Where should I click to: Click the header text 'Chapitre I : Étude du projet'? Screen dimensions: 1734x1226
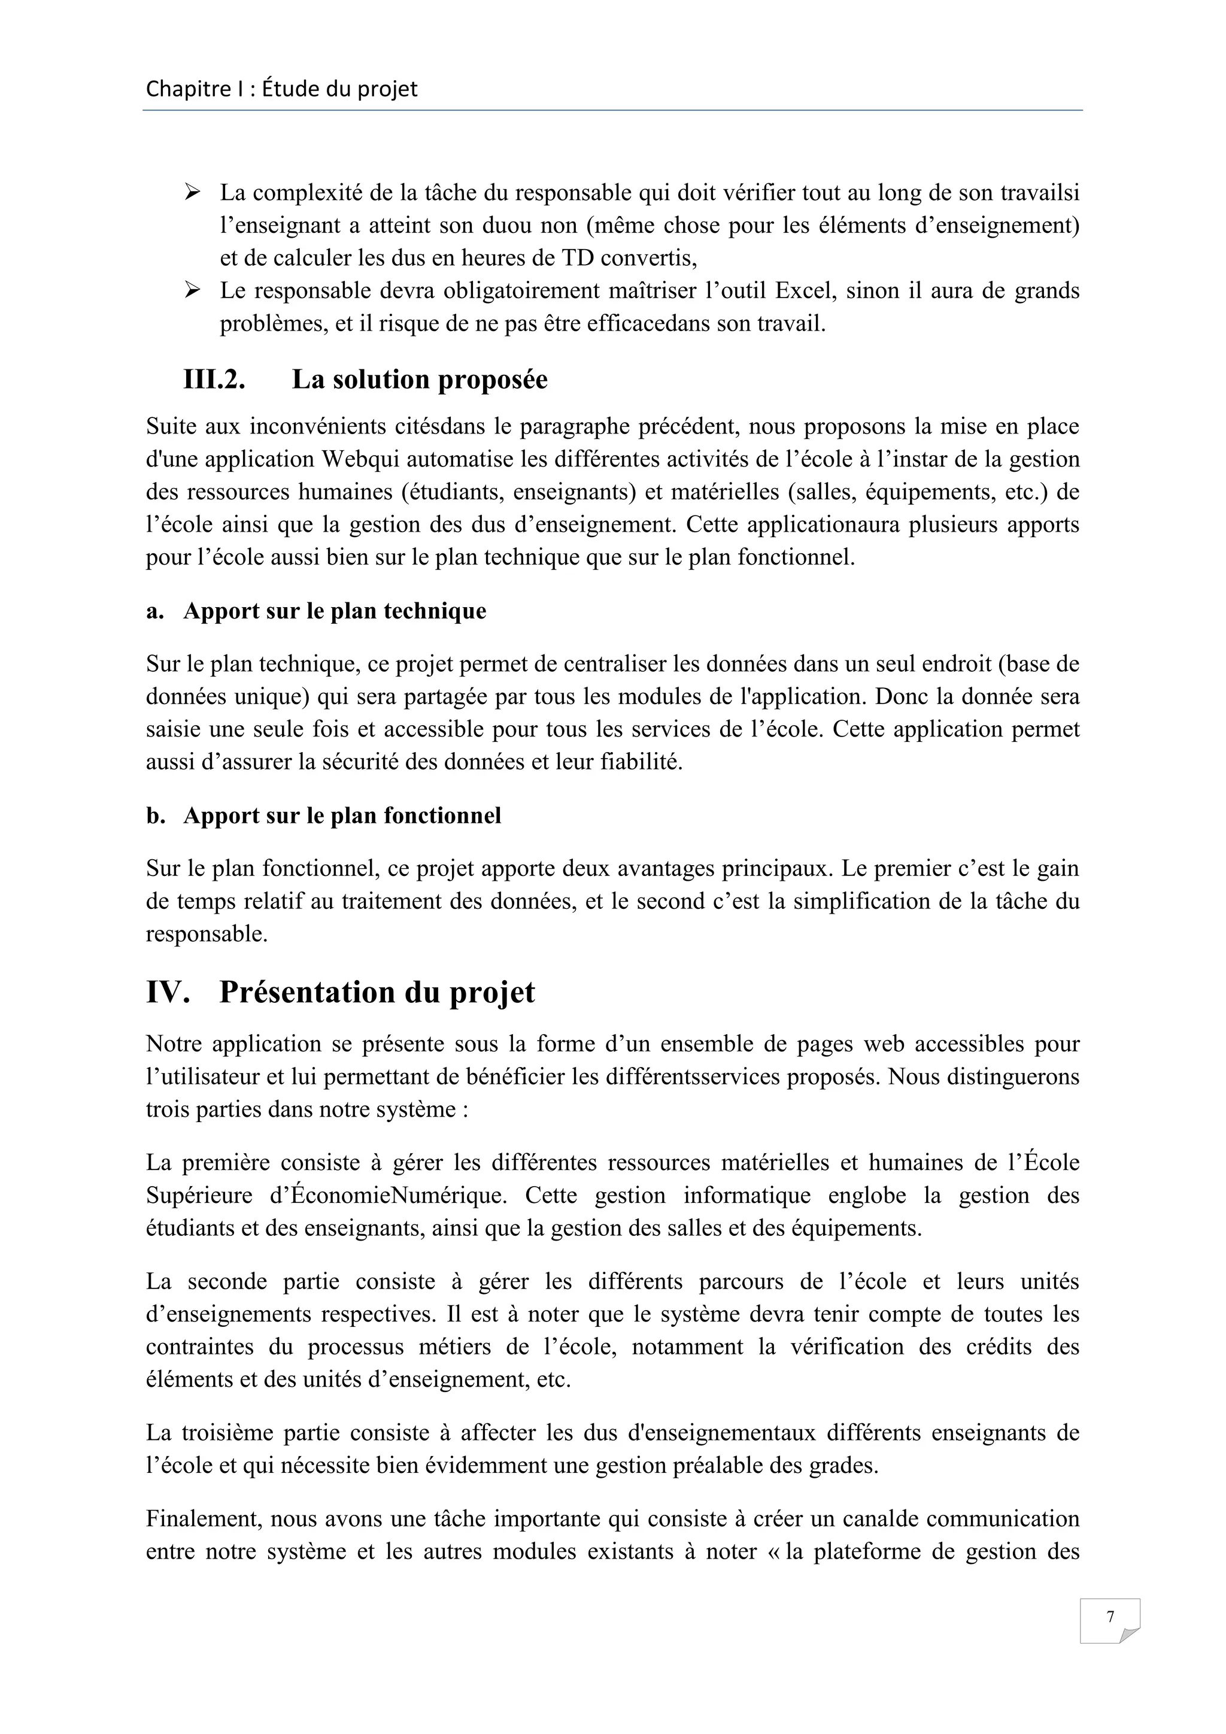pos(281,89)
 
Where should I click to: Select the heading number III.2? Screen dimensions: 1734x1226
pos(214,379)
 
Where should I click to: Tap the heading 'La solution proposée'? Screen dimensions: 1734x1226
pos(420,379)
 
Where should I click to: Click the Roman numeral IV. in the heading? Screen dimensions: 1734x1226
pos(168,992)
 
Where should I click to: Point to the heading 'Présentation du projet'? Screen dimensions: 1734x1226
pos(377,992)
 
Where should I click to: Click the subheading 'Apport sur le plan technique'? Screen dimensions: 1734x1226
pos(335,610)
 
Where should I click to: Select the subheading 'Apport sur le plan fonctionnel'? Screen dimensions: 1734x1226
pos(342,816)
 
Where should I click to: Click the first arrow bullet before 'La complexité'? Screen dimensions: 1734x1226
pos(192,193)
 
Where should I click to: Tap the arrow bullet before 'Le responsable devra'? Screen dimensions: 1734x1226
pos(192,290)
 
